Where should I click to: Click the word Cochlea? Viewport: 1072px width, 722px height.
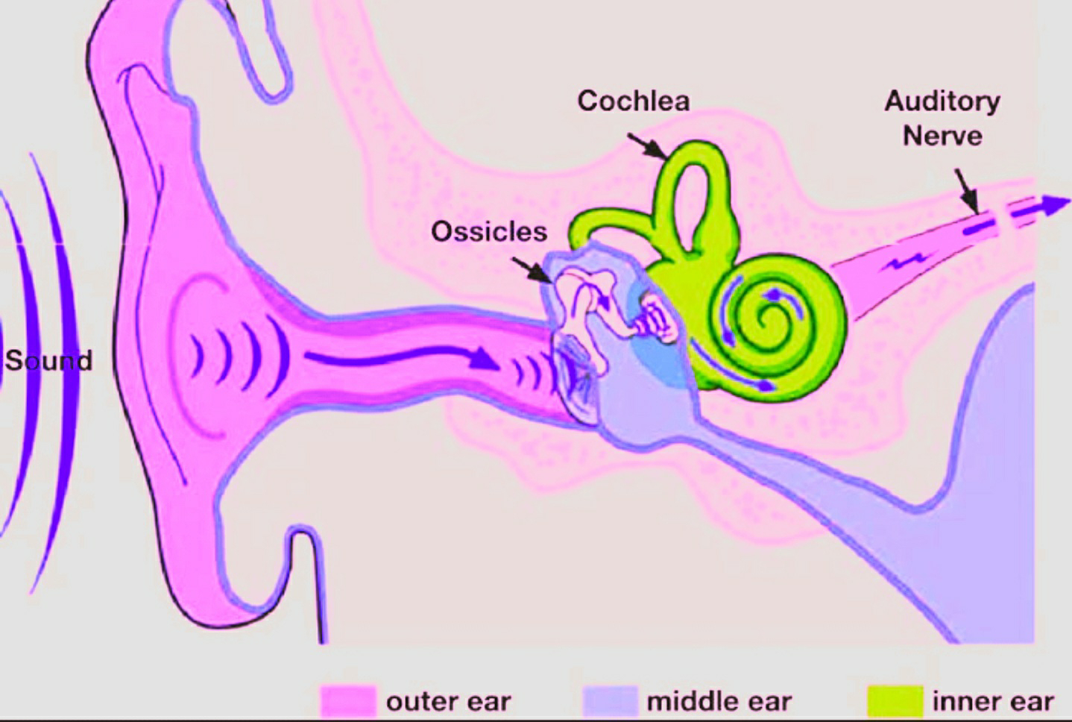click(633, 101)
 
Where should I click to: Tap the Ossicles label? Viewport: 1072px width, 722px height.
click(489, 231)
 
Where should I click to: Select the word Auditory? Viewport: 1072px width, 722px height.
click(942, 101)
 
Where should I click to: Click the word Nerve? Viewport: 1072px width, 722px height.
click(942, 136)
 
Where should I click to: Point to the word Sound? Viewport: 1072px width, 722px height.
click(49, 361)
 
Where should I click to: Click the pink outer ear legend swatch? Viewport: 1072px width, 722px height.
click(347, 701)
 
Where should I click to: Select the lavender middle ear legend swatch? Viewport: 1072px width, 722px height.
click(610, 701)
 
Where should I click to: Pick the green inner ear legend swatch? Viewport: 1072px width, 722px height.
click(895, 701)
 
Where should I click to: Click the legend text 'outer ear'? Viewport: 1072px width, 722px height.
click(449, 702)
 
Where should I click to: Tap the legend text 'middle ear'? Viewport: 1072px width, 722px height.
click(719, 702)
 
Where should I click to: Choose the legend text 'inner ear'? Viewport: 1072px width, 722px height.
click(993, 702)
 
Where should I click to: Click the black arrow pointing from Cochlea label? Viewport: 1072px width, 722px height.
click(647, 146)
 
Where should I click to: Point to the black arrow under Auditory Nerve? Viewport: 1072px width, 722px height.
click(966, 190)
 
